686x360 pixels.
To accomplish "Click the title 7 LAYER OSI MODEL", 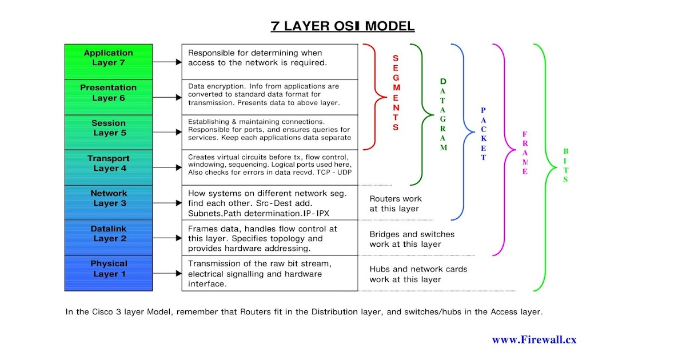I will click(x=342, y=26).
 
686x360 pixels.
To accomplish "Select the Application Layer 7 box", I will click(x=109, y=58).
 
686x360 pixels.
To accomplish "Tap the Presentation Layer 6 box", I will click(x=109, y=93).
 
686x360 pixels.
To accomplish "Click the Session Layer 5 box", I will click(x=109, y=128).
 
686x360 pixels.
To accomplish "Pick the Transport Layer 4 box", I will click(x=109, y=163).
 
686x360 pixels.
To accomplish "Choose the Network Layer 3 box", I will click(x=109, y=198).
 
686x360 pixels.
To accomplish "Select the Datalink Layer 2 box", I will click(x=109, y=234).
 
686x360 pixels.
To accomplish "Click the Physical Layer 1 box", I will click(x=109, y=269).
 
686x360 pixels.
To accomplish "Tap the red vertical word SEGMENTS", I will click(x=396, y=93).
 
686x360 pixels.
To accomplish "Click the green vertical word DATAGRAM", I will click(x=443, y=114).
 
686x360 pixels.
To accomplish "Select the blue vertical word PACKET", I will click(x=484, y=134).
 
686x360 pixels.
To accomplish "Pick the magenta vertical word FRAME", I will click(x=525, y=153).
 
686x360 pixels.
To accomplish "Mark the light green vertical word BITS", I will click(x=565, y=166).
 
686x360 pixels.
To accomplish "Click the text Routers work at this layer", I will click(x=396, y=204).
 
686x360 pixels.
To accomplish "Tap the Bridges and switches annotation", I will click(x=412, y=239).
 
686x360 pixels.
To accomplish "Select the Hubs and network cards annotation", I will click(x=418, y=274).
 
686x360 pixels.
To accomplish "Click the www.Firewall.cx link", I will click(x=534, y=339).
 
